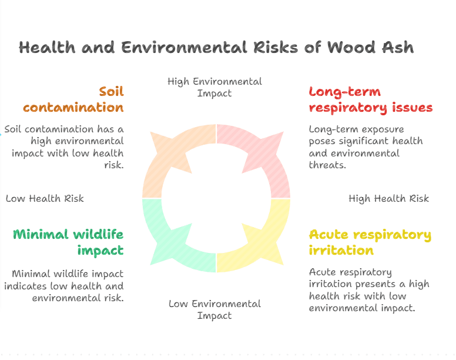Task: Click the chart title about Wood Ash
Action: pyautogui.click(x=216, y=48)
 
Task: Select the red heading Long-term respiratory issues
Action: pyautogui.click(x=370, y=99)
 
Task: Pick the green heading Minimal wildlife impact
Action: pyautogui.click(x=68, y=242)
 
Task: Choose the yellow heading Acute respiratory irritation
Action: pyautogui.click(x=370, y=242)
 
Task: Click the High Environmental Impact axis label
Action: pyautogui.click(x=214, y=87)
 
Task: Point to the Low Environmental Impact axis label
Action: pyautogui.click(x=214, y=309)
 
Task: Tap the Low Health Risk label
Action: pyautogui.click(x=45, y=198)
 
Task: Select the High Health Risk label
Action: pyautogui.click(x=388, y=198)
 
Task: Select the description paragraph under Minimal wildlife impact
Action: pyautogui.click(x=65, y=285)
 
